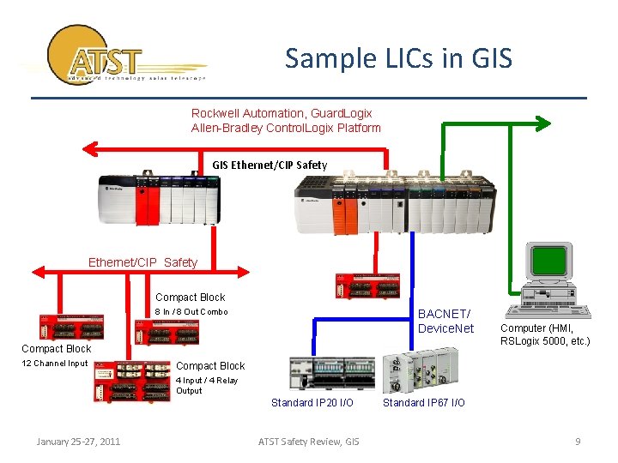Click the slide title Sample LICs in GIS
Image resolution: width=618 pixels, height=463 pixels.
tap(398, 58)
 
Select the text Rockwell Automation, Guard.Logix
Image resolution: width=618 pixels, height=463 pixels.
tap(282, 113)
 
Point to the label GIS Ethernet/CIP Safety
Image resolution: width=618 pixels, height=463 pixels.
tap(270, 165)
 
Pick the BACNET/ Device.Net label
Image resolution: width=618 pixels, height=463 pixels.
tap(445, 322)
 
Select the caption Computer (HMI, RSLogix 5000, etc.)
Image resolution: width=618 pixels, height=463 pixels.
tap(545, 334)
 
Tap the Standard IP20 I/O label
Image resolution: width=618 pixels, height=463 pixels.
tap(312, 403)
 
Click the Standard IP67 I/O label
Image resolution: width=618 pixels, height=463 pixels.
tap(423, 403)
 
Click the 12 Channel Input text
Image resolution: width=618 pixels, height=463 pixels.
tap(55, 364)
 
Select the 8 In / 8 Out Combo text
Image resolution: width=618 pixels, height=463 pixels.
tap(191, 312)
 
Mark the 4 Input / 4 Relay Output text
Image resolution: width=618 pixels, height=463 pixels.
tap(207, 386)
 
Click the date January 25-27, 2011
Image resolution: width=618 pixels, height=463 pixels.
tap(78, 442)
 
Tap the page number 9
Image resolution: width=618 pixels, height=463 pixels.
tap(578, 442)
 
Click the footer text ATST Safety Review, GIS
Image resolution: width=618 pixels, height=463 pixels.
tap(309, 442)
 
